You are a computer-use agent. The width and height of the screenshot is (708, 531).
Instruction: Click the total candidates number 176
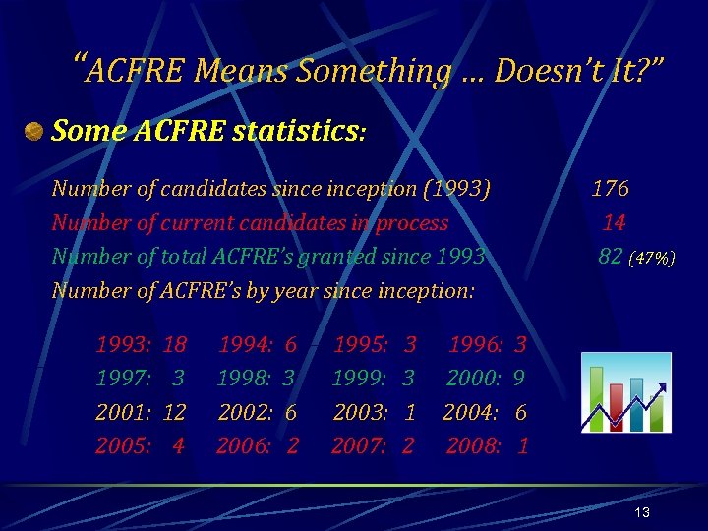[x=610, y=188]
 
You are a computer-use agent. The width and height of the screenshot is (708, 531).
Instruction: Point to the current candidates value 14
[x=615, y=222]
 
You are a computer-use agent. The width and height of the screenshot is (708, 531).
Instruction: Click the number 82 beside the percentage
[x=611, y=257]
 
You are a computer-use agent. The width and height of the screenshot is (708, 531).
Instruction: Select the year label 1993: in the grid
[x=122, y=345]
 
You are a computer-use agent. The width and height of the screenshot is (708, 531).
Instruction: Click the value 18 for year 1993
[x=175, y=345]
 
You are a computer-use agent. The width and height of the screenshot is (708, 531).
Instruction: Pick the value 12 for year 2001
[x=174, y=412]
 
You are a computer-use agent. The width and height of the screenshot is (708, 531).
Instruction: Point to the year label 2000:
[x=474, y=379]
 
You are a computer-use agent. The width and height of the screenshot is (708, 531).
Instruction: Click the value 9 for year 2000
[x=518, y=379]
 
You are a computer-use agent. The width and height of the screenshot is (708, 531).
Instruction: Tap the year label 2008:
[x=474, y=446]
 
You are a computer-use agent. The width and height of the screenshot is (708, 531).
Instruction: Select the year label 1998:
[x=245, y=379]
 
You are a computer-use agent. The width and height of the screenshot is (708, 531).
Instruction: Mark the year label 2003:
[x=360, y=412]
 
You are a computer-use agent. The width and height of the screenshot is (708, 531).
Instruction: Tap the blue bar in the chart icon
[x=636, y=404]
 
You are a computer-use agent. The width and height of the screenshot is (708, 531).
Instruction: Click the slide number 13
[x=642, y=513]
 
